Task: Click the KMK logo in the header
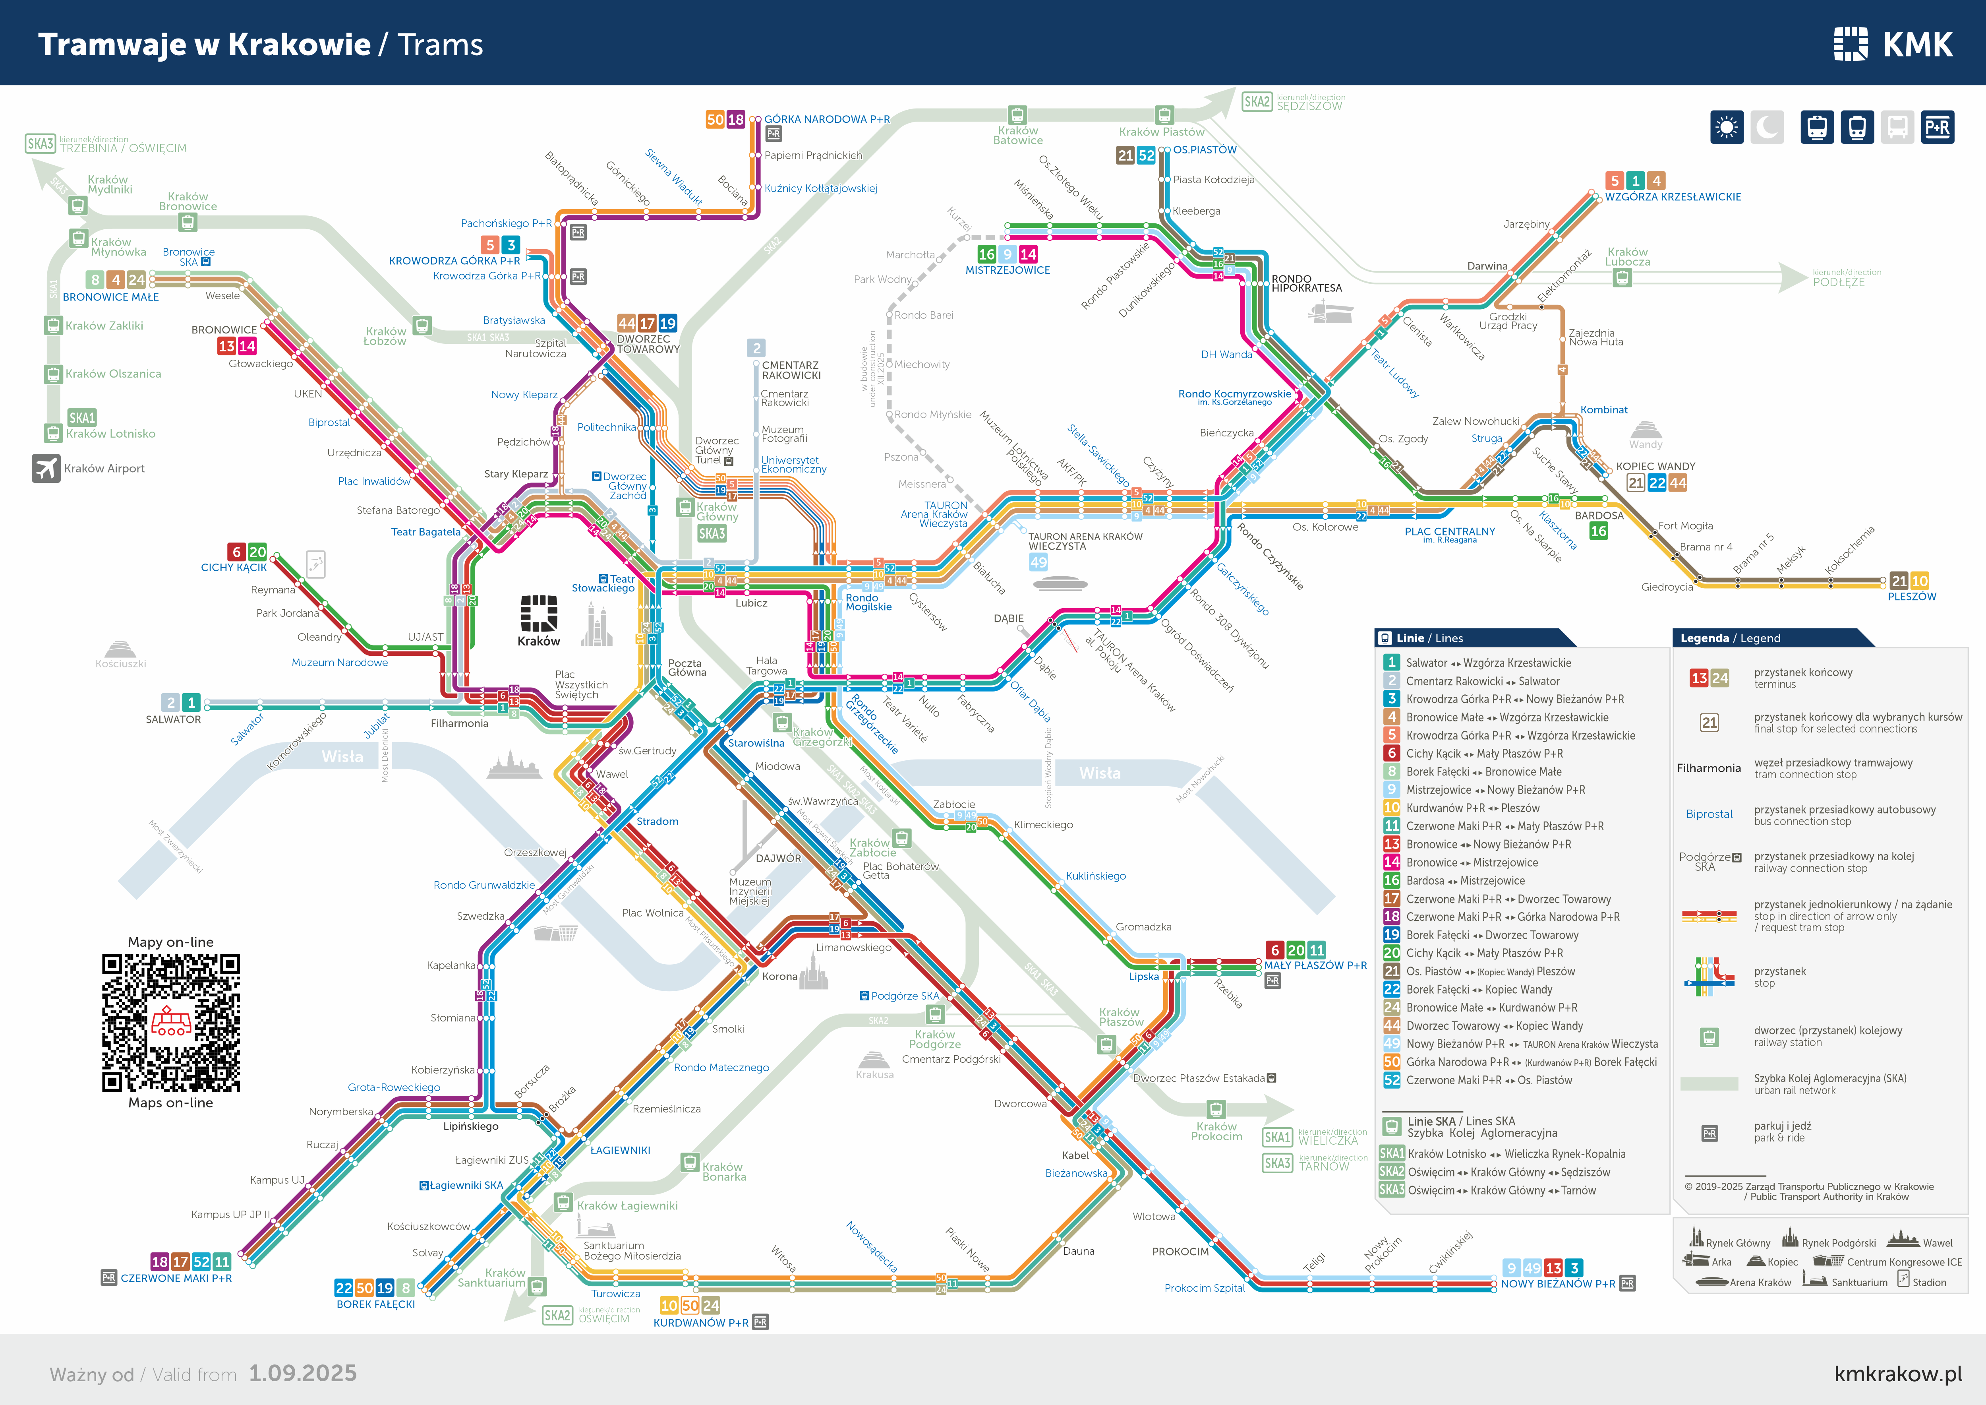coord(1893,44)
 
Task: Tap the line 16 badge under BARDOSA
coord(1599,531)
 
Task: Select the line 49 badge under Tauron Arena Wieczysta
coord(1038,562)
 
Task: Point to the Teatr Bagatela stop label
coord(425,532)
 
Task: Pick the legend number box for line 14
coord(1392,862)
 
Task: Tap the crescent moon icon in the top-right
coord(1767,128)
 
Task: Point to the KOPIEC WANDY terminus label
coord(1655,466)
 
